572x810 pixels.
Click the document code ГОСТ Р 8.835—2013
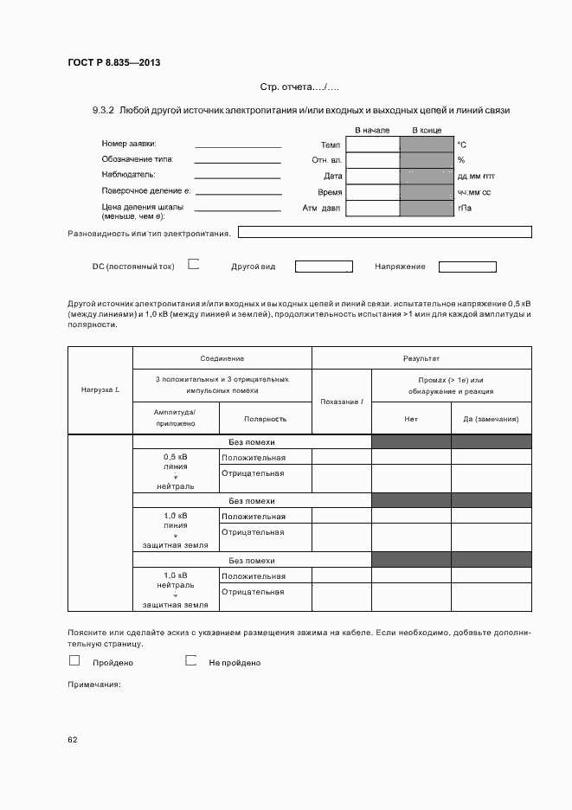(x=113, y=62)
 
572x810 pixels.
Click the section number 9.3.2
(x=104, y=111)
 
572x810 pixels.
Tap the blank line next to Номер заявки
(x=238, y=145)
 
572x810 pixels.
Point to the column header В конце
(x=427, y=130)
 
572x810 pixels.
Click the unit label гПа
(x=464, y=209)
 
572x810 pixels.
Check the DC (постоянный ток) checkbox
(x=193, y=265)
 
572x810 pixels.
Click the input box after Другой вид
(x=324, y=267)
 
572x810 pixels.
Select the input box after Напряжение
(x=467, y=267)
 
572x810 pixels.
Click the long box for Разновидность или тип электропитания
(x=384, y=232)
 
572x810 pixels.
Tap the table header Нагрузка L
(x=100, y=389)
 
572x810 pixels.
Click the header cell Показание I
(x=342, y=402)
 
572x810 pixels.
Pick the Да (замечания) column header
(x=492, y=419)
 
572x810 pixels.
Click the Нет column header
(x=411, y=419)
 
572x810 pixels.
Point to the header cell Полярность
(x=266, y=419)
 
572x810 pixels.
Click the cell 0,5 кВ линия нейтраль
(x=176, y=471)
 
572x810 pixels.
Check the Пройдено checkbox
(x=74, y=661)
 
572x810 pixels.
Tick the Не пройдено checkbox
(x=191, y=661)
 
